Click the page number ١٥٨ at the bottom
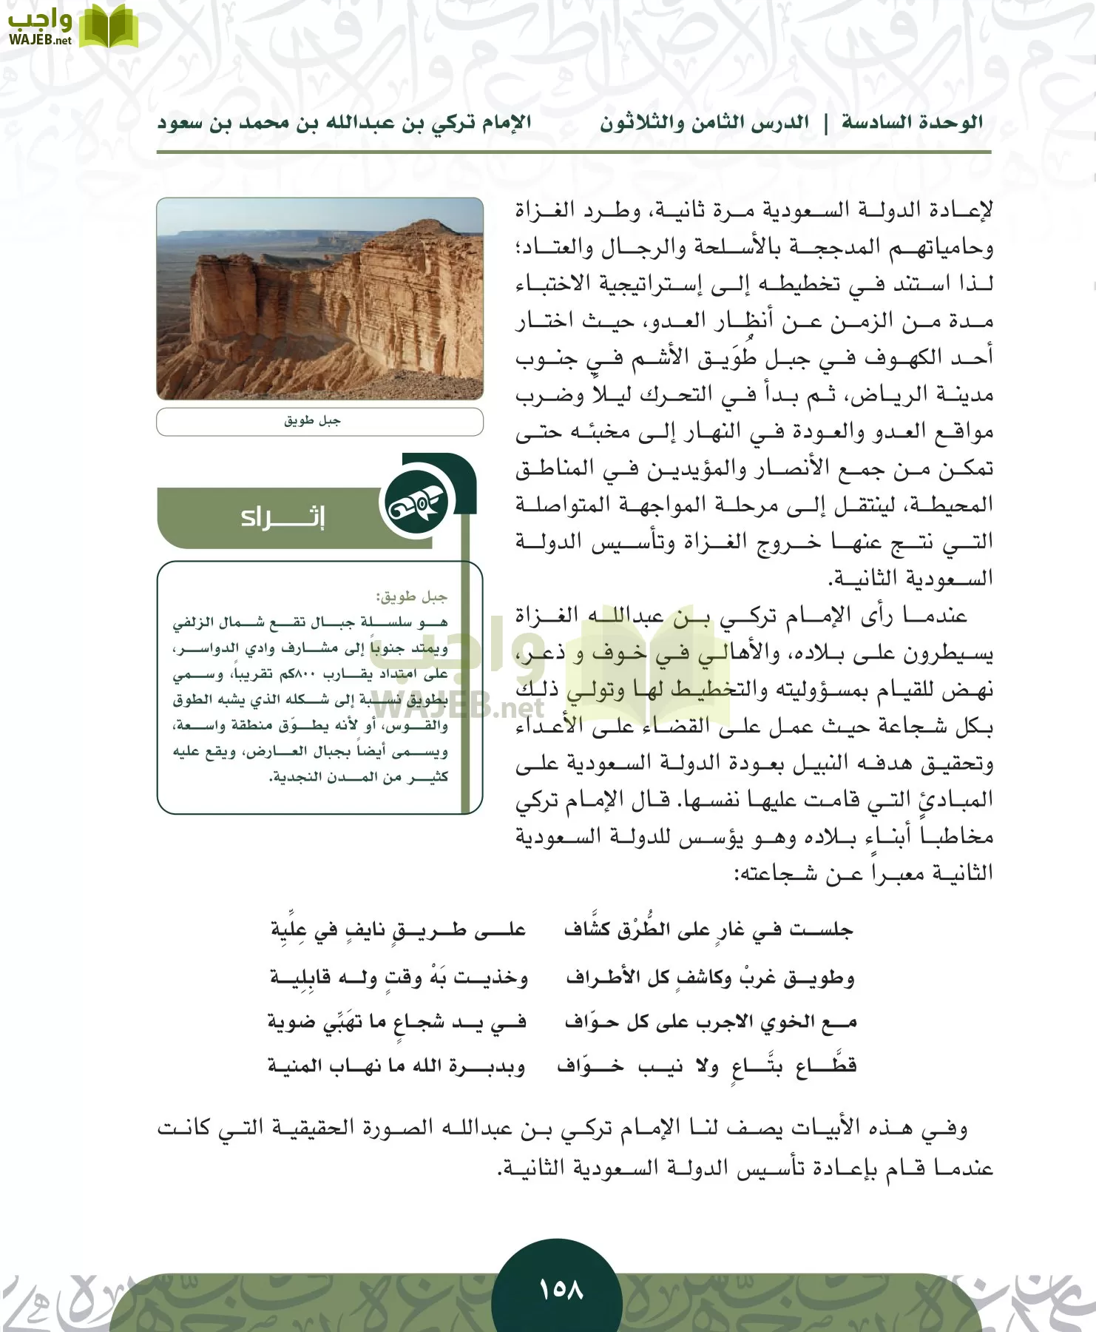pos(561,1288)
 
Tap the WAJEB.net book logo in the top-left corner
pos(108,27)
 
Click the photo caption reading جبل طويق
pos(313,421)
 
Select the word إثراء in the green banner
pos(283,517)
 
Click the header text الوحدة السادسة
pos(913,123)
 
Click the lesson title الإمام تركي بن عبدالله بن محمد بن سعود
pos(344,123)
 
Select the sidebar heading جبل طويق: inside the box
pos(411,596)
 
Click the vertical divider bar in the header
pos(826,124)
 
